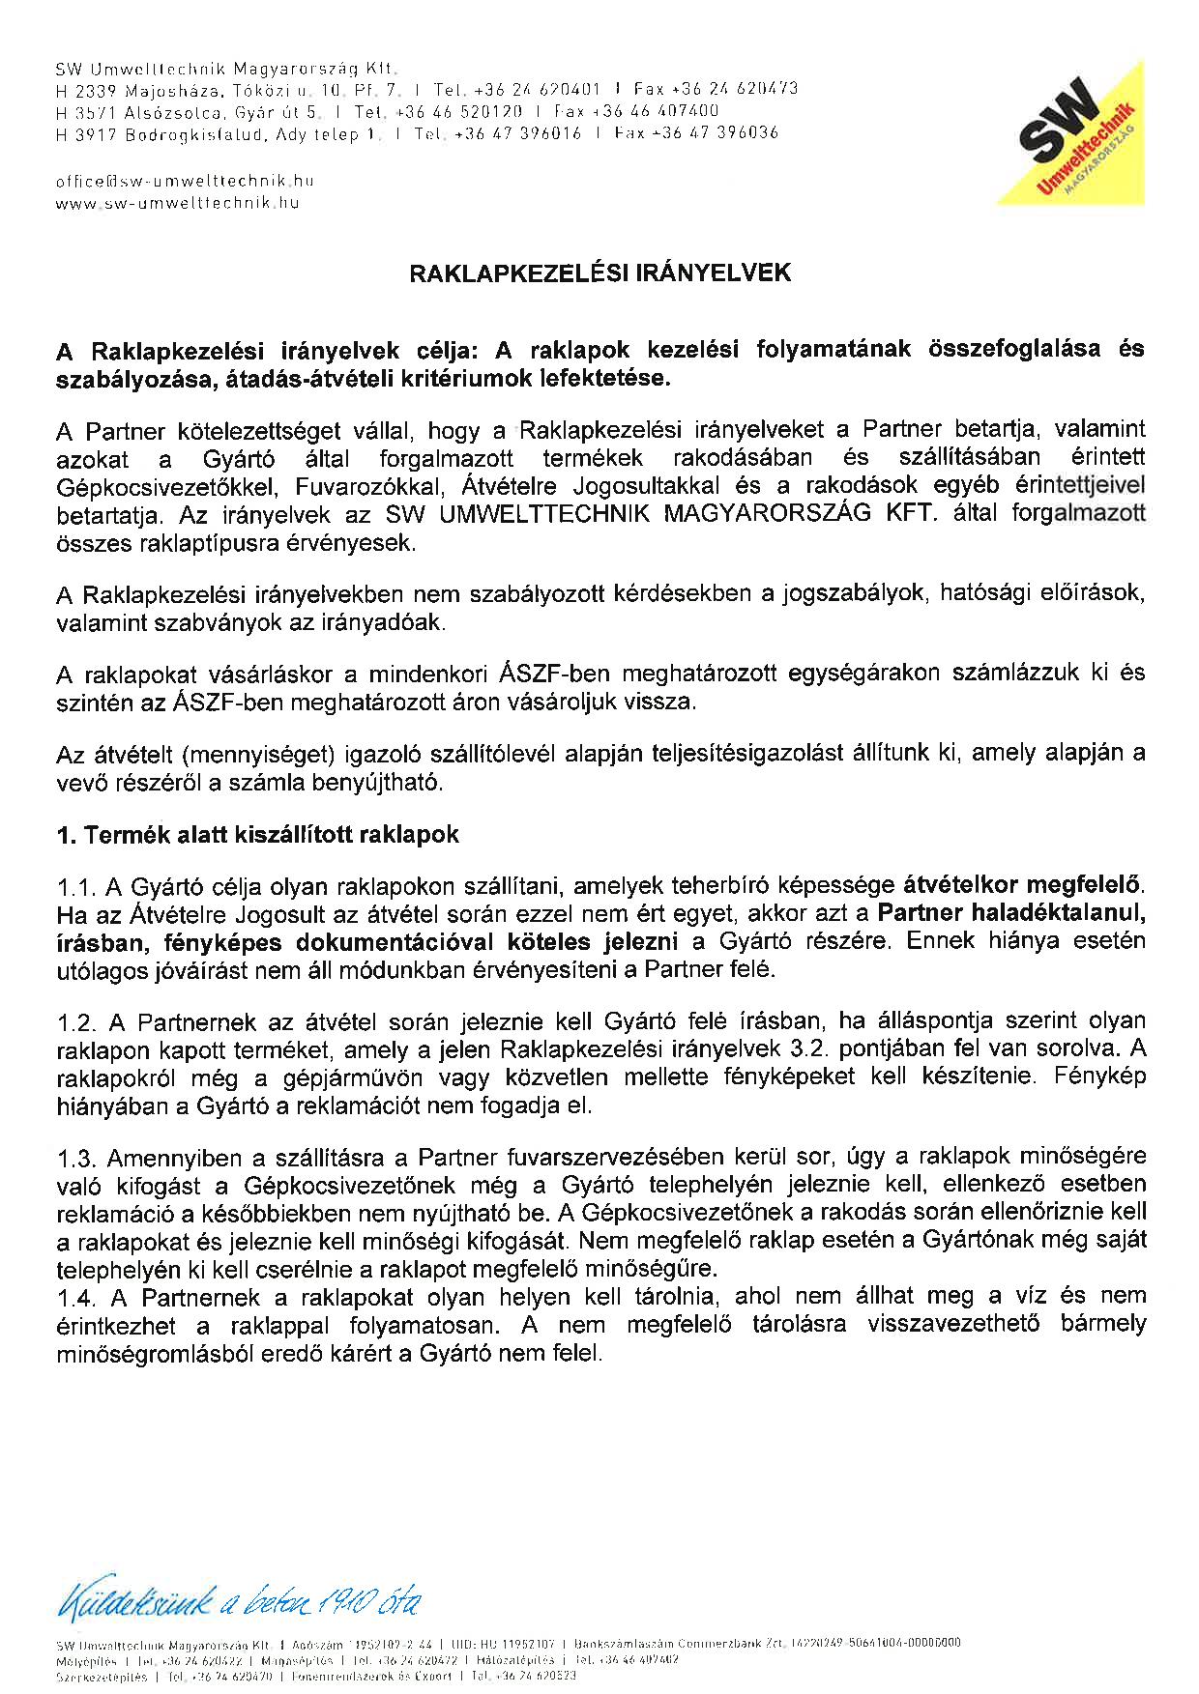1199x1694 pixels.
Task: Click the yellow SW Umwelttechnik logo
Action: click(x=1083, y=135)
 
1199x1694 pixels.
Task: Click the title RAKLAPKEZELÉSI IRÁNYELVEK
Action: click(x=600, y=273)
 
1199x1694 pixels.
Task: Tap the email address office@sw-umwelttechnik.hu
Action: click(x=185, y=181)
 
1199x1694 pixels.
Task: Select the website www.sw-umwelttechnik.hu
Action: click(x=178, y=203)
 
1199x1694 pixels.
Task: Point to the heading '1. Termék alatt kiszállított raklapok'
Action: click(x=257, y=835)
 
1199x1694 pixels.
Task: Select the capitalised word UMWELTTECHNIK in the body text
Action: click(x=546, y=514)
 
